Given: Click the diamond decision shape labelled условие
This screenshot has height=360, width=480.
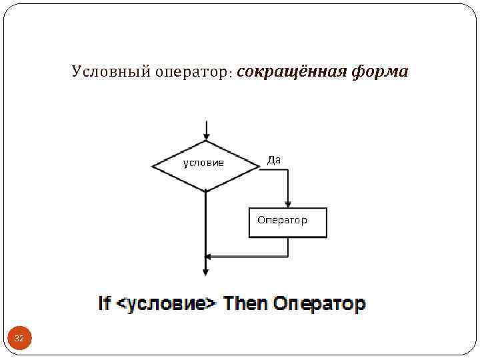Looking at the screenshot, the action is pos(205,165).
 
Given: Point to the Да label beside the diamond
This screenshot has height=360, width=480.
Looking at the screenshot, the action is pos(274,160).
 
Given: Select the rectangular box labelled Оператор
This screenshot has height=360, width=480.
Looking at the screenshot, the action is pos(288,223).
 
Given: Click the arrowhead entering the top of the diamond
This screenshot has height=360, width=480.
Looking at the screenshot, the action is pos(207,135).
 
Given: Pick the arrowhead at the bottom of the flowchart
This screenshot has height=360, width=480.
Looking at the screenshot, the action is pos(206,271).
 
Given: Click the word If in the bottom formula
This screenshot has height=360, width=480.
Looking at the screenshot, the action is pos(104,304).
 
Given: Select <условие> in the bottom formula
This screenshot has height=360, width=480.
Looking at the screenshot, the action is pos(167,304).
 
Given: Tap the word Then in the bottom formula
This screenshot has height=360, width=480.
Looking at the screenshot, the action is pos(245,304).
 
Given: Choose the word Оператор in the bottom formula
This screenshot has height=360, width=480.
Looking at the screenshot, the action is pos(319,304).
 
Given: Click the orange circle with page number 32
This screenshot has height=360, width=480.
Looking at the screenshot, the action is pos(19,339).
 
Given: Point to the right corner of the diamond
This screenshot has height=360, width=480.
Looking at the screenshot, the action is pos(259,165).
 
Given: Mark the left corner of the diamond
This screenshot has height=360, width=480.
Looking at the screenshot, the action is pos(153,165).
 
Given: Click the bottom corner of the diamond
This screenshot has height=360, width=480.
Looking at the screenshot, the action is pos(206,191).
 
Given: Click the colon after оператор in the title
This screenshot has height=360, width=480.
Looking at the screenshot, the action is pos(230,73).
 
